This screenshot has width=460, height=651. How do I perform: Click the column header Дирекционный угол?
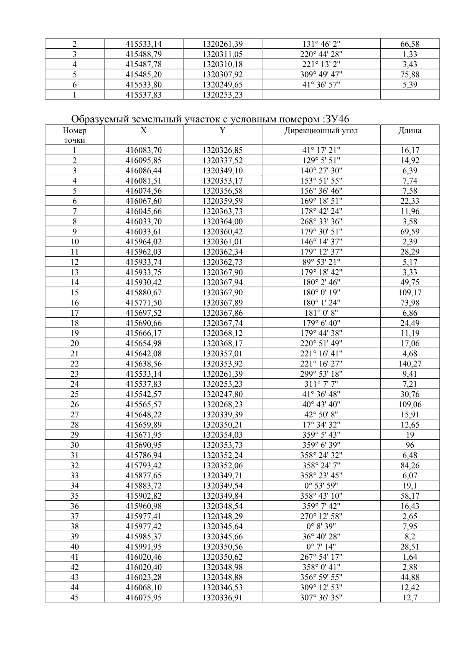tap(321, 130)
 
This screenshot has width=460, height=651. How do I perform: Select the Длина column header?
tap(410, 130)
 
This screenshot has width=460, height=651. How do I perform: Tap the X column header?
tap(143, 130)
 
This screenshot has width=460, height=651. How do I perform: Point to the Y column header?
tap(222, 130)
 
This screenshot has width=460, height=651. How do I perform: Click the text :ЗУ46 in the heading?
tap(336, 119)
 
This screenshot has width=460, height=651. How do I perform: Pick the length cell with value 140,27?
tap(410, 364)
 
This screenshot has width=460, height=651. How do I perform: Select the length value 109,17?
tap(410, 293)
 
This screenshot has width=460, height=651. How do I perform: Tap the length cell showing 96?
tap(410, 445)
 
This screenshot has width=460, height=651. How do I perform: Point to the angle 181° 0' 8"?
tap(321, 313)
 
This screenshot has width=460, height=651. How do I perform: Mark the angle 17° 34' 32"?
tap(321, 425)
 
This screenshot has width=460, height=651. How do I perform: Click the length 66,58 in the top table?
tap(410, 44)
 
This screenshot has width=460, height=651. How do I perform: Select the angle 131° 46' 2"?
tap(321, 44)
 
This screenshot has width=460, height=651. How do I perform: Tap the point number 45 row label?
tap(74, 597)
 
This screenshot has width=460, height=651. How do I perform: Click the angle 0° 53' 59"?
tap(321, 486)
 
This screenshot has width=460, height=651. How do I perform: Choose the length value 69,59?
tap(410, 232)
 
